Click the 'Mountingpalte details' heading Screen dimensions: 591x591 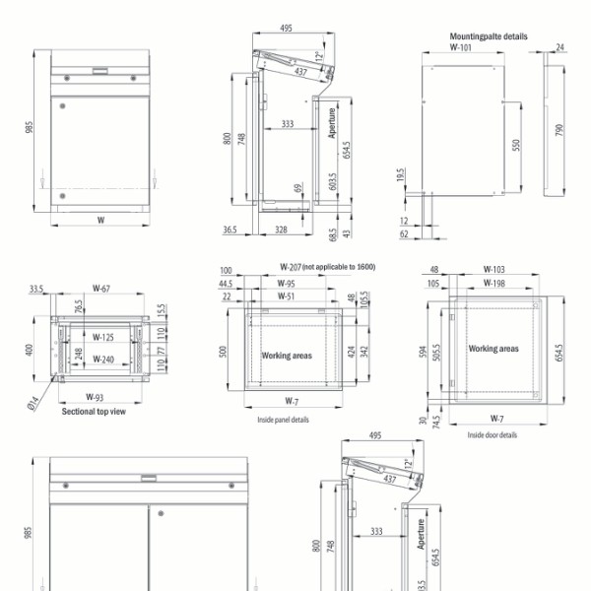tap(489, 36)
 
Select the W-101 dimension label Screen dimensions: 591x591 tap(462, 46)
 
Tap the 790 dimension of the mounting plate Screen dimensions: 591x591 tap(560, 129)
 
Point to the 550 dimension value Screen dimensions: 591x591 tap(516, 145)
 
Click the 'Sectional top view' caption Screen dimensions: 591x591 tap(94, 411)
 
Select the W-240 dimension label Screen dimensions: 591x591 tap(103, 360)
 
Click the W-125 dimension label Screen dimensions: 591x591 tap(103, 337)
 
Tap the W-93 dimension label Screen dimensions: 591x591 tap(95, 397)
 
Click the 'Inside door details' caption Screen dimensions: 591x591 tap(492, 434)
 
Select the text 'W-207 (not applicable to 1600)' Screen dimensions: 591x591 tap(327, 267)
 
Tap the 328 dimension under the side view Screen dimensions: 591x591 tap(281, 229)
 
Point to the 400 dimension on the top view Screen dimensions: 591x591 tap(30, 350)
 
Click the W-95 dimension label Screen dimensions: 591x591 tap(286, 284)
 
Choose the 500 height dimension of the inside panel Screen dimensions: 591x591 tap(225, 351)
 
